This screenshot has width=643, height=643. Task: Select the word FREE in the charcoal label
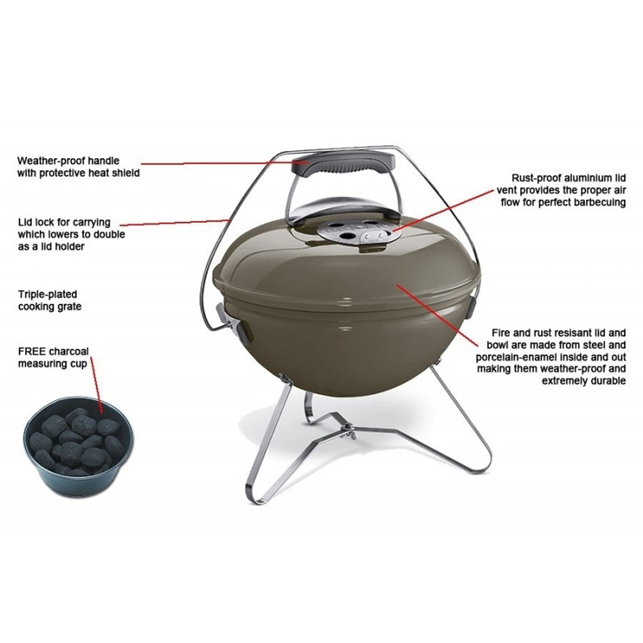(x=32, y=352)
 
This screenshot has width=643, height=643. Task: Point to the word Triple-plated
(x=48, y=294)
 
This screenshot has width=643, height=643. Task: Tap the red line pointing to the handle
(x=225, y=163)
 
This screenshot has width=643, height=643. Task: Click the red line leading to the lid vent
(x=443, y=210)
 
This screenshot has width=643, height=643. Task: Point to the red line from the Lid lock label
(x=174, y=222)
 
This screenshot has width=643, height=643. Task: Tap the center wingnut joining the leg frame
(x=348, y=427)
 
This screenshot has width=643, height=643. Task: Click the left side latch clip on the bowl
(x=230, y=322)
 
